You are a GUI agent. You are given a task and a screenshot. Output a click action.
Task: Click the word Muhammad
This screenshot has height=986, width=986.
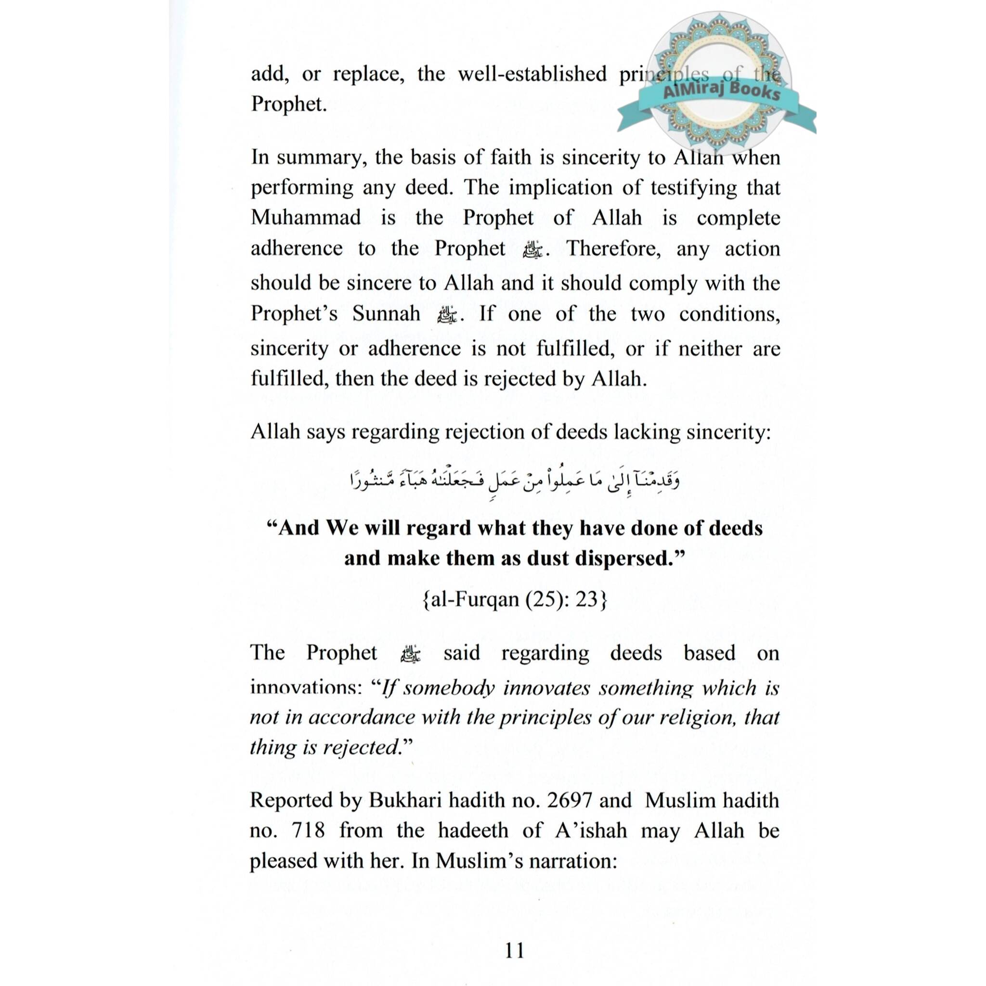pyautogui.click(x=306, y=218)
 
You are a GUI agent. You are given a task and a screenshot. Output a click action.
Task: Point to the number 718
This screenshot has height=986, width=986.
pyautogui.click(x=308, y=830)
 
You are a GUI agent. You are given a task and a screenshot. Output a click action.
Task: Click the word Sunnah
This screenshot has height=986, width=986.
pyautogui.click(x=386, y=313)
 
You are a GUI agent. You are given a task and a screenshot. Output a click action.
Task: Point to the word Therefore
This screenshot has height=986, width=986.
pyautogui.click(x=613, y=248)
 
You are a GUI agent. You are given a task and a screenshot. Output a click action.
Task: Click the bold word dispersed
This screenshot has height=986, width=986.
pyautogui.click(x=630, y=558)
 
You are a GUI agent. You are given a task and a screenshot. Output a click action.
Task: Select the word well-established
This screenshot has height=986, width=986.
pyautogui.click(x=532, y=74)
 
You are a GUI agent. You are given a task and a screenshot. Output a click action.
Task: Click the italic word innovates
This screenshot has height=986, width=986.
pyautogui.click(x=546, y=688)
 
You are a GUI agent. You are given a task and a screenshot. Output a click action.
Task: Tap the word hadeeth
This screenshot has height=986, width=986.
pyautogui.click(x=473, y=830)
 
